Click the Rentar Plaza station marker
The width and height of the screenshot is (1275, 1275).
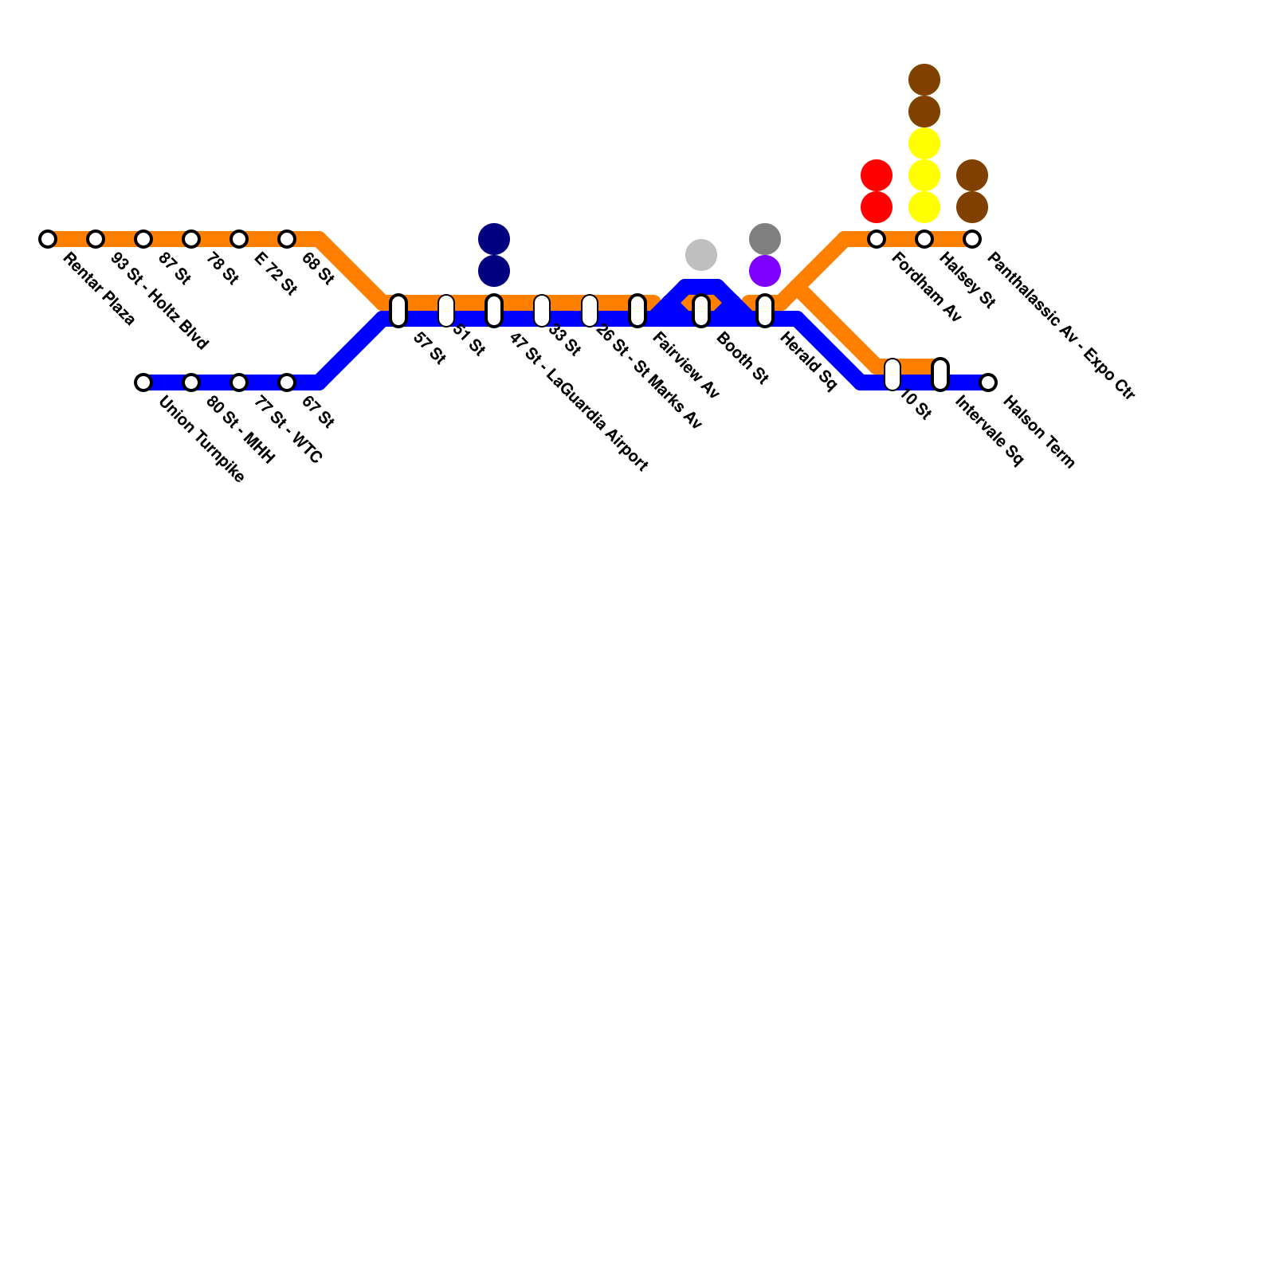pyautogui.click(x=48, y=239)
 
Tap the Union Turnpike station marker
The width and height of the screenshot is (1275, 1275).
pyautogui.click(x=143, y=382)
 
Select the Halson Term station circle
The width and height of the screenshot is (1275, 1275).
pyautogui.click(x=988, y=382)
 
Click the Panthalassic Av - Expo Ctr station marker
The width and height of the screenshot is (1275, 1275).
pyautogui.click(x=972, y=239)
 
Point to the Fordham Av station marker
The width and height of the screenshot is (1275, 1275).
pyautogui.click(x=877, y=239)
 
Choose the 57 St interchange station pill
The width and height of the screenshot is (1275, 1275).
pyautogui.click(x=398, y=311)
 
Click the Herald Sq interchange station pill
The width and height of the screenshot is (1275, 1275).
pyautogui.click(x=765, y=311)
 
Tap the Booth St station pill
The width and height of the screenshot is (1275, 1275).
pyautogui.click(x=701, y=311)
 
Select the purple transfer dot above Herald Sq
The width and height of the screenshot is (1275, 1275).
pyautogui.click(x=765, y=271)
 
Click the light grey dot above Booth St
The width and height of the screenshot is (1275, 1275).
pyautogui.click(x=701, y=255)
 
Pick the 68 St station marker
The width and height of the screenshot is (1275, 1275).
pyautogui.click(x=287, y=239)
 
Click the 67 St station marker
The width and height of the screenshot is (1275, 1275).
pyautogui.click(x=287, y=382)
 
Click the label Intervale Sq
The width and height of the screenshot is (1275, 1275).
pyautogui.click(x=988, y=432)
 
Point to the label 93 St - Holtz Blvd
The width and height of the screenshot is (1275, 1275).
pyautogui.click(x=159, y=301)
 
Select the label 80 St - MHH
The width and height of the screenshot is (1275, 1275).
pyautogui.click(x=240, y=430)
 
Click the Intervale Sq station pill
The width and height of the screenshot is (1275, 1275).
pyautogui.click(x=940, y=375)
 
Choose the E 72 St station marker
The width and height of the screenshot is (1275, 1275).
pyautogui.click(x=239, y=239)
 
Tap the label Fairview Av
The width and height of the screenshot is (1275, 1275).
pyautogui.click(x=685, y=365)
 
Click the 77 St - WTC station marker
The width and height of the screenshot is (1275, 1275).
pyautogui.click(x=239, y=382)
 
